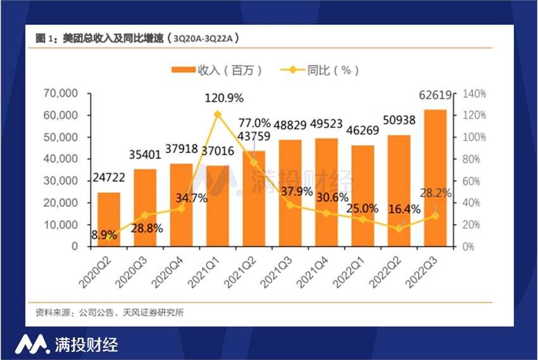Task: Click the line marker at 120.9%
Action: pyautogui.click(x=218, y=115)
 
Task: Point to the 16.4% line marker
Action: pyautogui.click(x=399, y=228)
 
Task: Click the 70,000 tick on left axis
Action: pyautogui.click(x=61, y=94)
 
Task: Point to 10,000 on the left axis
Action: pyautogui.click(x=61, y=225)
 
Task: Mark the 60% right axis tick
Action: pyautogui.click(x=472, y=181)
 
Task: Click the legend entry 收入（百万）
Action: pyautogui.click(x=216, y=70)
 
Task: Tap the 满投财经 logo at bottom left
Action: pyautogui.click(x=66, y=344)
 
